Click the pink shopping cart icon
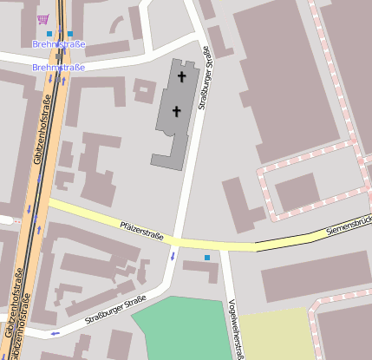[42, 19]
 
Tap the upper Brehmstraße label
[58, 43]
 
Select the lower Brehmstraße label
[58, 67]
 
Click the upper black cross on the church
[182, 76]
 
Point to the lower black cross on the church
[177, 110]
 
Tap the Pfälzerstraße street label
[144, 230]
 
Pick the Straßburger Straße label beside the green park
[115, 313]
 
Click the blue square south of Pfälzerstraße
[206, 258]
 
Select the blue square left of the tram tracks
[49, 34]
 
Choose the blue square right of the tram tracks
[70, 34]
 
